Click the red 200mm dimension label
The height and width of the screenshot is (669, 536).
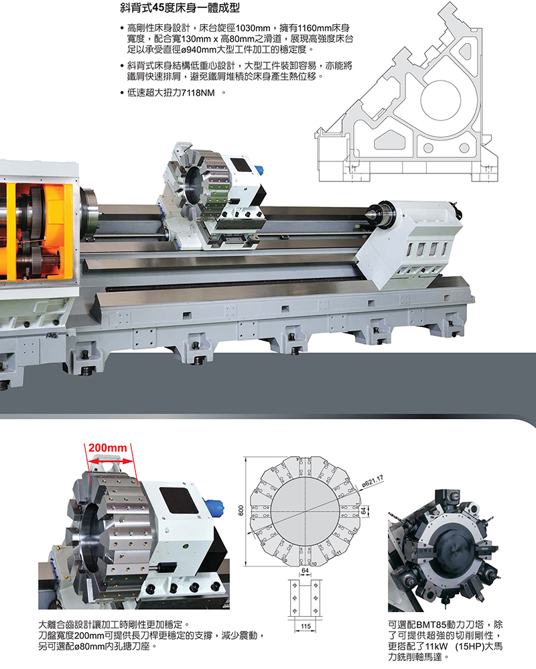click(108, 447)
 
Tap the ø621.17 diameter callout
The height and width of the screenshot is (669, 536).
click(373, 481)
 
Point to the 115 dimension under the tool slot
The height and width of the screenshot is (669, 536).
click(306, 626)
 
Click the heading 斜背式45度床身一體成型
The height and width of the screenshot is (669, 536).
click(180, 7)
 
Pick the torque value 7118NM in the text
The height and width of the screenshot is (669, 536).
click(198, 92)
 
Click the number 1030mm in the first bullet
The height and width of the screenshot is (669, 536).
click(253, 28)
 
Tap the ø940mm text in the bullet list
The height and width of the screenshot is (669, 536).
click(199, 50)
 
